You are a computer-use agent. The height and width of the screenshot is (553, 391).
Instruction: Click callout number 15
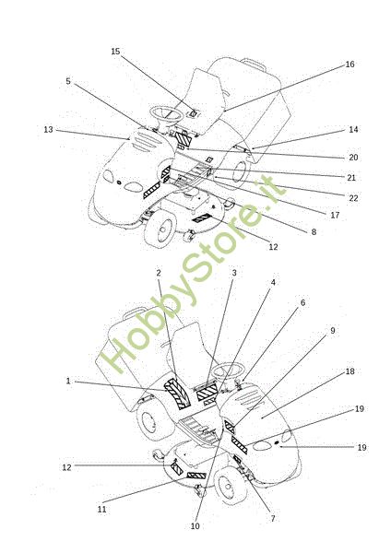coord(115,52)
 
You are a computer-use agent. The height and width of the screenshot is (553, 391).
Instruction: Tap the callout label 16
coord(350,65)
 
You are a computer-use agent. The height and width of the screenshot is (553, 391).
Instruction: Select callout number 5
coord(68,81)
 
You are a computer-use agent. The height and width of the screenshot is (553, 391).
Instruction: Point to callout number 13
coord(48,130)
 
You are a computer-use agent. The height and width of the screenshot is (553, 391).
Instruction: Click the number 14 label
coord(353,129)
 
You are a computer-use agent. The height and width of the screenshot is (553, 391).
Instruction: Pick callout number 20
coord(353,158)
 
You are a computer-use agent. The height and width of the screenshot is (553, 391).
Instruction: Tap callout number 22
coord(353,198)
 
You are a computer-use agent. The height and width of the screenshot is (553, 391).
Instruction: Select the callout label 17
coord(335,215)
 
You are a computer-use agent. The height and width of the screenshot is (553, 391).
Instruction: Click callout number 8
coord(314,231)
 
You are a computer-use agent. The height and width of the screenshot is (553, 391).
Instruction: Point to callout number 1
coord(68,381)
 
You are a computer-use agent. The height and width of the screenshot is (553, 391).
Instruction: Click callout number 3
coord(234,273)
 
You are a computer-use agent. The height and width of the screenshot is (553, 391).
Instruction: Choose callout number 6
coord(302,302)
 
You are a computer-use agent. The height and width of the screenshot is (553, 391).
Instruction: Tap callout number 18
coord(350,371)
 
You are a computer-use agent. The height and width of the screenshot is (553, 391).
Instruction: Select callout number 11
coord(102,510)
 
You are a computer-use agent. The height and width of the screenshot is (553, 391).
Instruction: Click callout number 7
coord(273,518)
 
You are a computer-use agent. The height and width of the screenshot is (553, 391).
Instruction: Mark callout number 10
coord(195,526)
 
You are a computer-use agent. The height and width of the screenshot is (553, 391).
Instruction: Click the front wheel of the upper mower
coord(160,229)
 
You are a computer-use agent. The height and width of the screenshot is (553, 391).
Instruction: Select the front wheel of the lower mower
coord(229,486)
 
